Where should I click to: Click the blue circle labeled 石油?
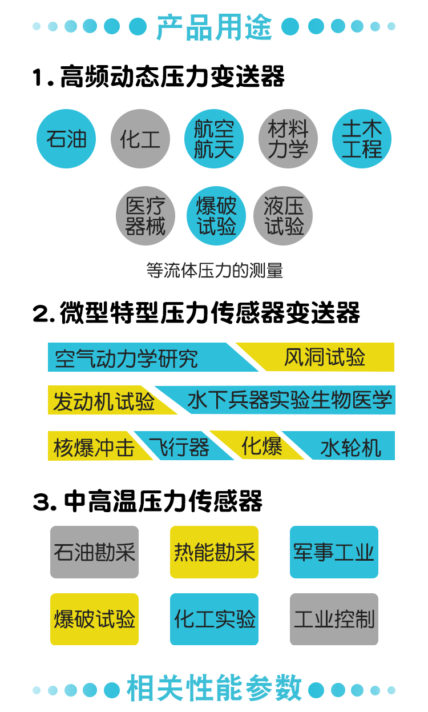tap(66, 139)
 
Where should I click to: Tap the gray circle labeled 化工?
tap(140, 139)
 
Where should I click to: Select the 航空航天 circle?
tap(214, 139)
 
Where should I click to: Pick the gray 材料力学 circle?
tap(288, 139)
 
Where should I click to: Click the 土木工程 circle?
tap(362, 139)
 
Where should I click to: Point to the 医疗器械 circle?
tap(145, 215)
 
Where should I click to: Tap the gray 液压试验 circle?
tap(283, 215)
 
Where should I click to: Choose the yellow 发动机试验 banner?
tap(105, 400)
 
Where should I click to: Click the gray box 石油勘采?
tap(94, 552)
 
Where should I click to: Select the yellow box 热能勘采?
tap(214, 552)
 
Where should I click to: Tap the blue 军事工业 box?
tap(334, 552)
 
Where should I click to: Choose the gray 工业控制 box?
tap(334, 619)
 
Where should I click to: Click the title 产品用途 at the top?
tap(214, 27)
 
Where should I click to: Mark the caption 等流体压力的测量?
tap(215, 271)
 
